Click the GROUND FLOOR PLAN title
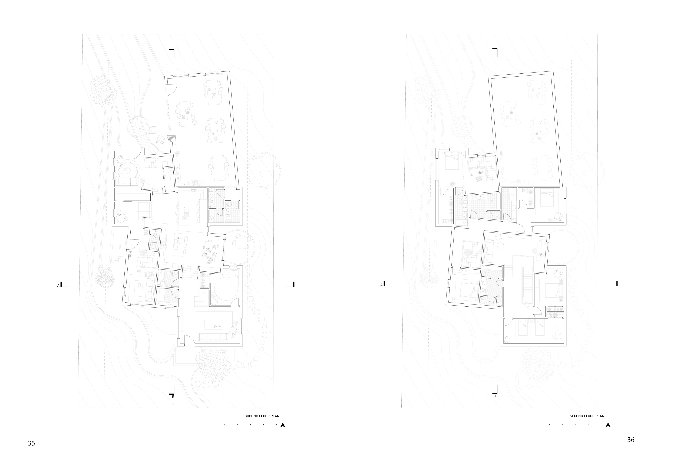click(x=262, y=416)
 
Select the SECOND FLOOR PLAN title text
click(x=587, y=416)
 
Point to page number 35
click(x=31, y=444)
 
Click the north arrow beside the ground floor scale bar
click(x=283, y=425)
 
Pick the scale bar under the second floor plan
click(x=576, y=424)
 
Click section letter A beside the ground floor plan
click(x=58, y=285)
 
